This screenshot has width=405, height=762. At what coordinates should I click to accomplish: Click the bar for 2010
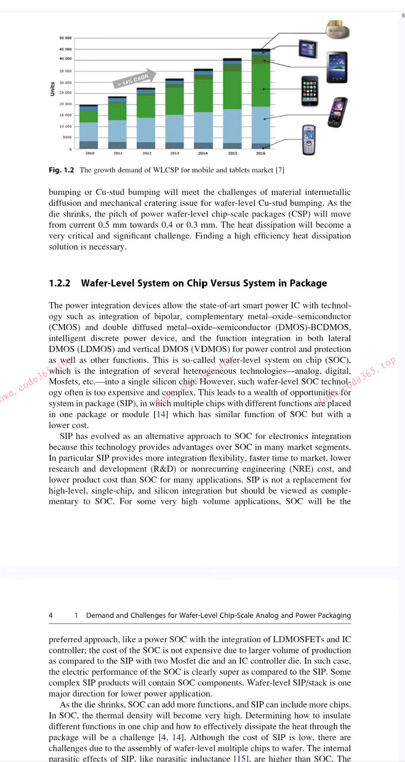pos(89,127)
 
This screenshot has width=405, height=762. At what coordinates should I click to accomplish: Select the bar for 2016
pos(261,99)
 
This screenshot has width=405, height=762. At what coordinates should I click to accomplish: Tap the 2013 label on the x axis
pos(174,153)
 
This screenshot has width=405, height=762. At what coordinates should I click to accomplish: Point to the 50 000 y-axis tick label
pos(66,38)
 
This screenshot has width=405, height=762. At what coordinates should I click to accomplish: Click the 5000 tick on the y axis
pos(67,137)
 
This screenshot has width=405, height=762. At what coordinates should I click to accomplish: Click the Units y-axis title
pos(52,89)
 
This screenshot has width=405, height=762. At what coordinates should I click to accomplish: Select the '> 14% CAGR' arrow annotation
pos(134,79)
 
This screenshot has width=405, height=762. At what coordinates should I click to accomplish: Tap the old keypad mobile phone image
pos(309,140)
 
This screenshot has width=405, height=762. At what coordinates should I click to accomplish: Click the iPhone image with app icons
pos(310,91)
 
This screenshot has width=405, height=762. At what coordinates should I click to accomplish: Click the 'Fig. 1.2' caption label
pos(61,170)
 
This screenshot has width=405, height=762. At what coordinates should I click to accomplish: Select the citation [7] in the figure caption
pos(280,170)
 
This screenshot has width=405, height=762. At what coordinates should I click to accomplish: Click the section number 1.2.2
pos(60,283)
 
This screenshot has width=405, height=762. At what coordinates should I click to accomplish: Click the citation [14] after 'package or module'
pos(161,414)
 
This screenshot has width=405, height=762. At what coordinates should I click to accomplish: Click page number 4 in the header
pos(51,616)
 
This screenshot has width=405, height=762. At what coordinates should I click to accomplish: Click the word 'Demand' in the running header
pos(99,616)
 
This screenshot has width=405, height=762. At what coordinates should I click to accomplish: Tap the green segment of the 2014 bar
pos(203,95)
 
